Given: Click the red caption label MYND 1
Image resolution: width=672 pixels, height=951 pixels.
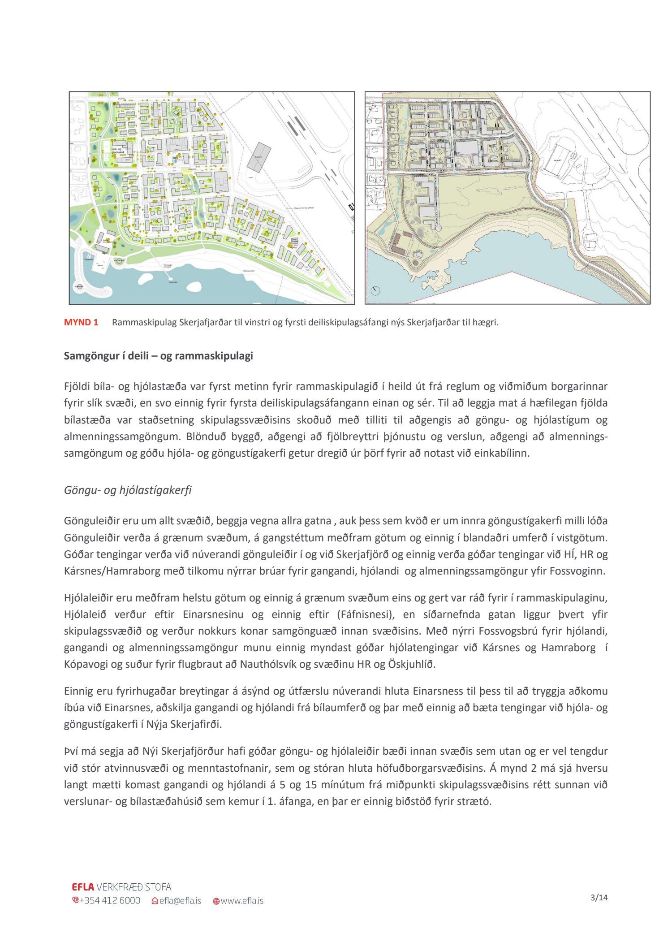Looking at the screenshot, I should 81,322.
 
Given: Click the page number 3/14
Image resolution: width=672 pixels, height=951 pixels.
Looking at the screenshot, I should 599,897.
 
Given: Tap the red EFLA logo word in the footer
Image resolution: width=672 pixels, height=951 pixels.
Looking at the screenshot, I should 83,887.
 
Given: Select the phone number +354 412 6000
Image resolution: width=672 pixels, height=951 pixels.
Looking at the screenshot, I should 110,900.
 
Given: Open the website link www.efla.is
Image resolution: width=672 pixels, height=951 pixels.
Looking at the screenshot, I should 242,900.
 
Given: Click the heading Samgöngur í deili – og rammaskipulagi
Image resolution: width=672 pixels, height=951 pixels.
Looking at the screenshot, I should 158,356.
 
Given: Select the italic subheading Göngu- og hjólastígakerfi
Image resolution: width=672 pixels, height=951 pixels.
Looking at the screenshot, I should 128,490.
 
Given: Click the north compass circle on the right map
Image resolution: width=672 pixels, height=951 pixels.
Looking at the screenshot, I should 375,290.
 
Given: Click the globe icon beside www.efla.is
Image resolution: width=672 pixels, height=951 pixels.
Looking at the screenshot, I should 216,901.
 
